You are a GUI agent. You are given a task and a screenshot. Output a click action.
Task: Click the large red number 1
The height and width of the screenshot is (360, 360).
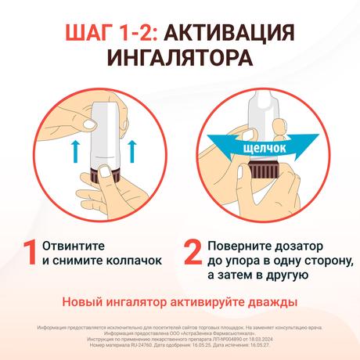point(30,252)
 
